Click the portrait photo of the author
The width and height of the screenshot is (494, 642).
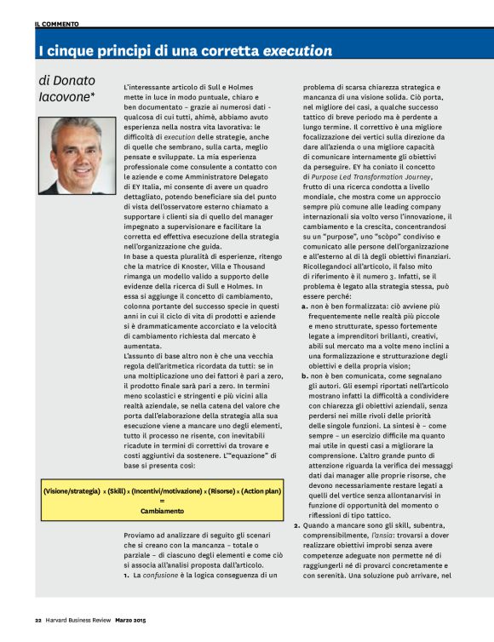click(74, 155)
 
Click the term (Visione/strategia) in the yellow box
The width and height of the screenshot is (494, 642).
click(72, 493)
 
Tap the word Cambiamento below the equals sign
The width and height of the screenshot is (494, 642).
click(162, 512)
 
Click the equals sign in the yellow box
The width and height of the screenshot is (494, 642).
click(162, 502)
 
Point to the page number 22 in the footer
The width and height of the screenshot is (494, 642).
click(38, 620)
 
